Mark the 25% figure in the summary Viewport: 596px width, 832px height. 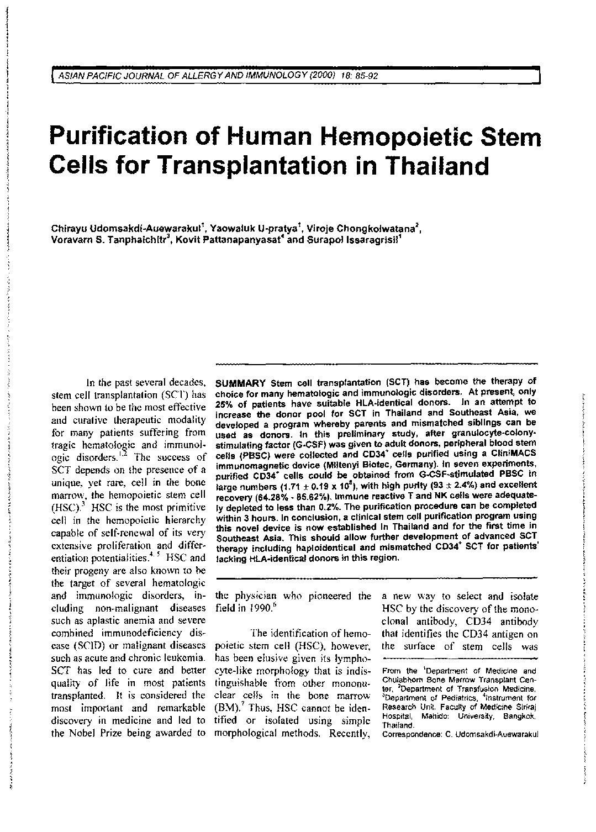point(223,403)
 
